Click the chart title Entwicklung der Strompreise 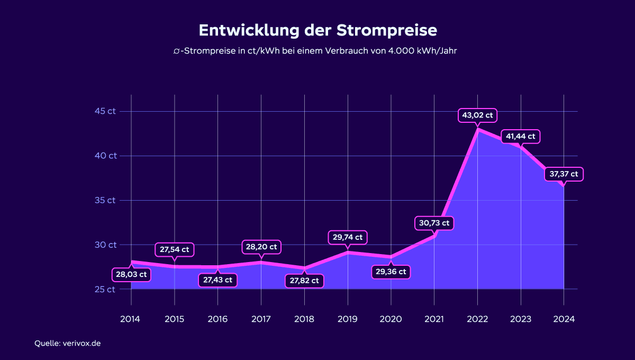pyautogui.click(x=317, y=30)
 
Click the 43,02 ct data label pyautogui.click(x=477, y=115)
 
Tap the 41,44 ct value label pyautogui.click(x=521, y=137)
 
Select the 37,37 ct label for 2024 pyautogui.click(x=564, y=174)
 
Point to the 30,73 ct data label pyautogui.click(x=434, y=223)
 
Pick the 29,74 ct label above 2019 pyautogui.click(x=348, y=237)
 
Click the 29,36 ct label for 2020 pyautogui.click(x=391, y=272)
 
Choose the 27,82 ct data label pyautogui.click(x=304, y=281)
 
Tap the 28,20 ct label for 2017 pyautogui.click(x=261, y=247)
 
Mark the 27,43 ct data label pyautogui.click(x=217, y=280)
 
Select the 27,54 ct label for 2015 pyautogui.click(x=174, y=249)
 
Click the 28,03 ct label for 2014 pyautogui.click(x=131, y=275)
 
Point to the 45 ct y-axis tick pyautogui.click(x=105, y=111)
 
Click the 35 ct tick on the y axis pyautogui.click(x=105, y=200)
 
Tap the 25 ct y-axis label pyautogui.click(x=105, y=290)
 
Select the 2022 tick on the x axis pyautogui.click(x=477, y=319)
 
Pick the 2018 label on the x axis pyautogui.click(x=304, y=319)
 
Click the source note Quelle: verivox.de pyautogui.click(x=68, y=343)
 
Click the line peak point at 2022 pyautogui.click(x=478, y=129)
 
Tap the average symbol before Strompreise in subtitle pyautogui.click(x=176, y=51)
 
